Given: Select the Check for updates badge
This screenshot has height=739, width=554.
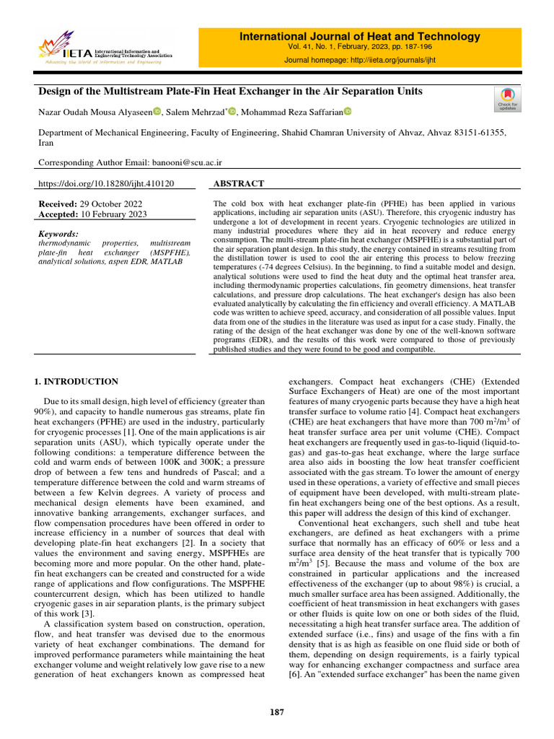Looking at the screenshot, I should tap(508, 100).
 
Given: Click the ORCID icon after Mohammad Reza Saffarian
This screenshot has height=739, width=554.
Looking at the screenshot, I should tap(347, 111).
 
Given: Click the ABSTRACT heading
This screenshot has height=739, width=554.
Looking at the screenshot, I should tap(239, 184).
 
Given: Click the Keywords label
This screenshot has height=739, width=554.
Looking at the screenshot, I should tap(58, 234).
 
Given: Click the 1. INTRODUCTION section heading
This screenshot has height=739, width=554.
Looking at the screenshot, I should tap(77, 381).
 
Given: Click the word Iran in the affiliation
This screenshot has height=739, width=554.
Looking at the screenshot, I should tap(45, 143).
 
